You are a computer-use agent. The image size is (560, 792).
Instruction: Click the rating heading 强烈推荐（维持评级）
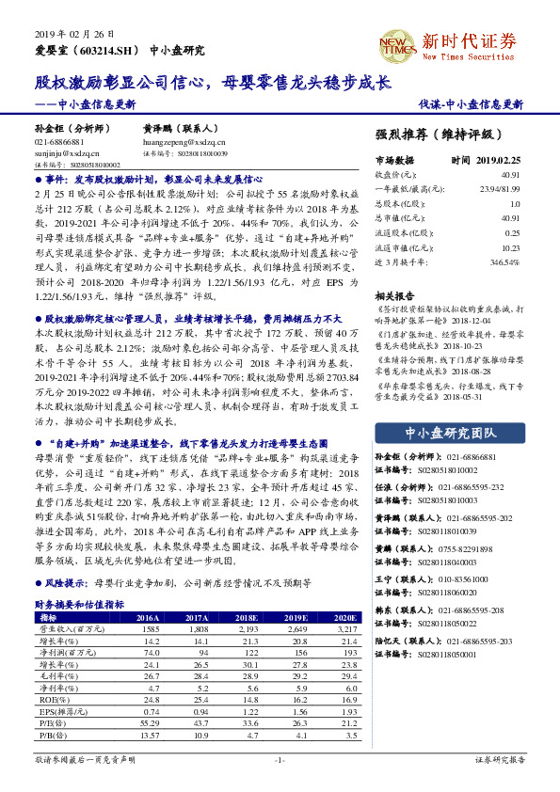click(446, 135)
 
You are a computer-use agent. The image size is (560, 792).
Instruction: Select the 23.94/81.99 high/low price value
click(500, 188)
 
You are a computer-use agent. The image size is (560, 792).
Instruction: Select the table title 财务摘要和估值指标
click(79, 605)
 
